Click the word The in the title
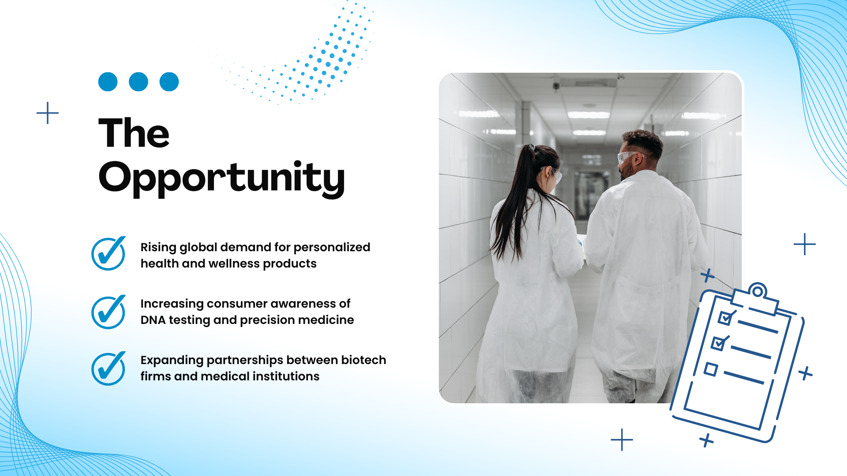click(134, 133)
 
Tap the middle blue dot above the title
click(139, 82)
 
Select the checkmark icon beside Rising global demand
click(109, 253)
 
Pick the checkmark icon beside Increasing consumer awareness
click(109, 312)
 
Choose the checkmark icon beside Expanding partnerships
click(109, 368)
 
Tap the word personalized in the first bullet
click(332, 248)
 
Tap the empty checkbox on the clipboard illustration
click(711, 369)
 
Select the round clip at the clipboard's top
click(757, 291)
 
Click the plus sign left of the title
click(48, 113)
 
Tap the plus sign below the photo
click(622, 439)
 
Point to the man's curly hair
click(644, 142)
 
